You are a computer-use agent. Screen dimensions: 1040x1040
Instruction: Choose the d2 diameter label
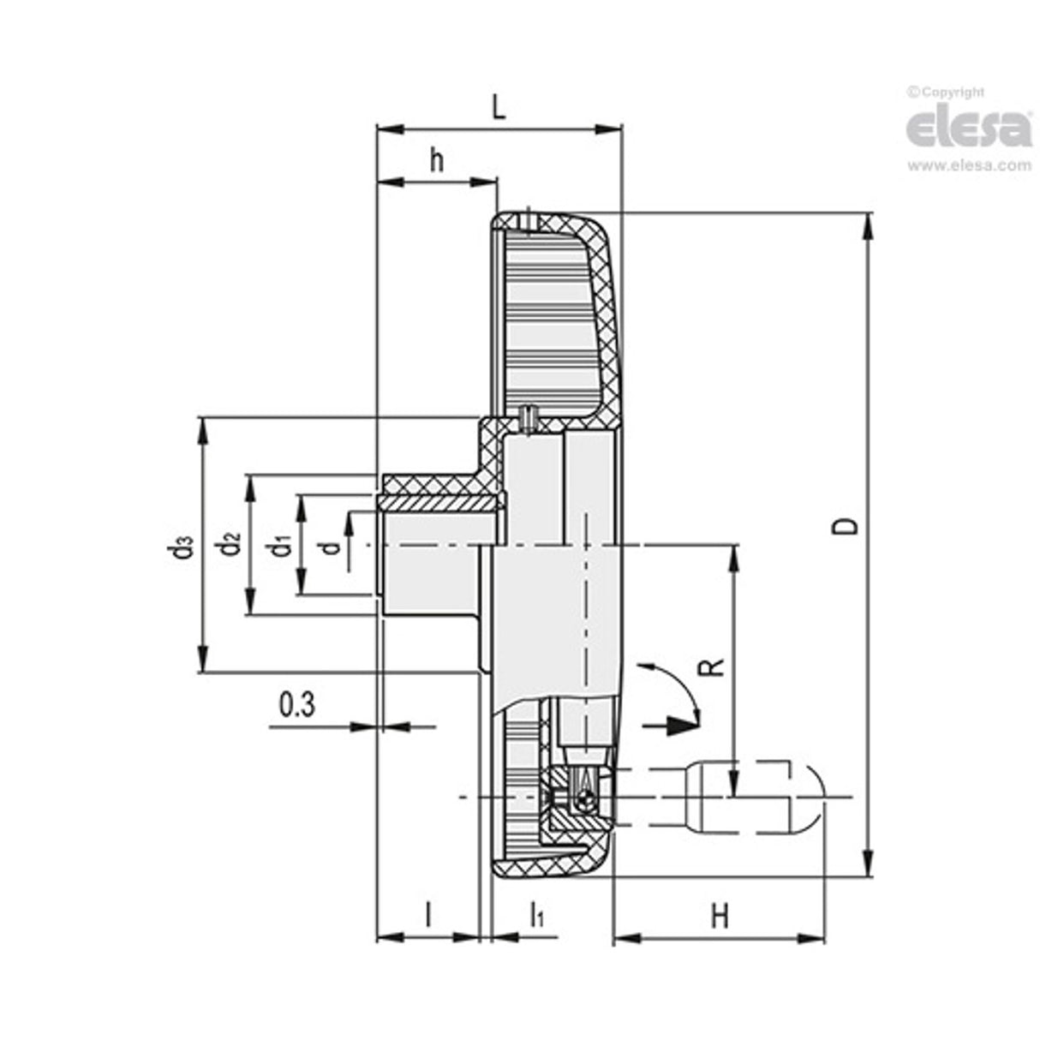pos(230,545)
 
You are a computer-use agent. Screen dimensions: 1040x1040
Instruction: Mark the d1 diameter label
pos(280,545)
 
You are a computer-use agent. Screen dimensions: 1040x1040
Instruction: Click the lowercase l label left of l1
pos(427,914)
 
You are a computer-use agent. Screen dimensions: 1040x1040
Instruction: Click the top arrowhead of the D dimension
pos(869,225)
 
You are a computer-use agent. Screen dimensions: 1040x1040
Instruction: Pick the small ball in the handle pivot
pos(583,800)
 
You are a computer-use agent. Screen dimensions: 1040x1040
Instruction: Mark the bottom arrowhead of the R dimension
pos(732,783)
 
